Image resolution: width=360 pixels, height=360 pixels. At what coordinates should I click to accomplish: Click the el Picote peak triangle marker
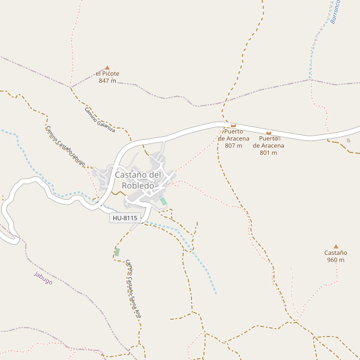pyautogui.click(x=107, y=68)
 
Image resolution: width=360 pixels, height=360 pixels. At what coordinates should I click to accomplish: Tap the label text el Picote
pyautogui.click(x=107, y=74)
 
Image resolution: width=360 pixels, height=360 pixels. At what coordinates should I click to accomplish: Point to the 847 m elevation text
pyautogui.click(x=107, y=81)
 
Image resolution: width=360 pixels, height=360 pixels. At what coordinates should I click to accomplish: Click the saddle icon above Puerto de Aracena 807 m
pyautogui.click(x=233, y=125)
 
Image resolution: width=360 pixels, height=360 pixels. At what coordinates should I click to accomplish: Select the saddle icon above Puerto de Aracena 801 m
pyautogui.click(x=268, y=133)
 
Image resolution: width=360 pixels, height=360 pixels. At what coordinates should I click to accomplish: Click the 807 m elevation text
pyautogui.click(x=233, y=146)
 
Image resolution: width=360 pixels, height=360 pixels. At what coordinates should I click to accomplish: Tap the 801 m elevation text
pyautogui.click(x=268, y=152)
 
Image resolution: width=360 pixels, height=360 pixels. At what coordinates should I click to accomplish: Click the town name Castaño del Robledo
pyautogui.click(x=138, y=180)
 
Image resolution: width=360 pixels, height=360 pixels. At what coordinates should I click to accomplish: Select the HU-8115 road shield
pyautogui.click(x=125, y=218)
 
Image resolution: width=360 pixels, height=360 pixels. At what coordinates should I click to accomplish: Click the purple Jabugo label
pyautogui.click(x=43, y=278)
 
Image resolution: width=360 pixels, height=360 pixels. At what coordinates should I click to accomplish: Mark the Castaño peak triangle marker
pyautogui.click(x=336, y=246)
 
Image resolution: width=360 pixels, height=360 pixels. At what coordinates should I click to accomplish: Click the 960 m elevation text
pyautogui.click(x=336, y=260)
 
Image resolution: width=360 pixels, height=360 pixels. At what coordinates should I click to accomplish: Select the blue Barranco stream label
pyautogui.click(x=335, y=12)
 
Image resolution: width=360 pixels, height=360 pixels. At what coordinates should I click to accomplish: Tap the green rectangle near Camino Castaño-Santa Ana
pyautogui.click(x=117, y=252)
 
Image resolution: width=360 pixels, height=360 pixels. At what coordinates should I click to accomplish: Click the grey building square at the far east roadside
pyautogui.click(x=348, y=140)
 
